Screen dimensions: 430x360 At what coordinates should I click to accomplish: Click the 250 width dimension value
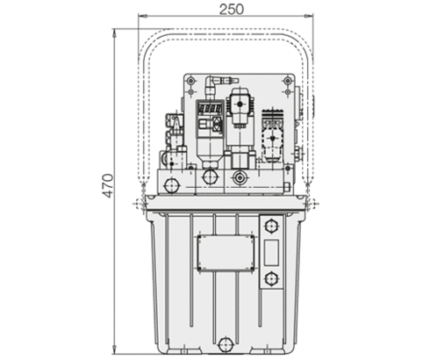point(232,10)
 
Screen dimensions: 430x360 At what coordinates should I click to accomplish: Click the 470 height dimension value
point(108,186)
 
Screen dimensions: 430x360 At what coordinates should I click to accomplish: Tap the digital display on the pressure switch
point(210,110)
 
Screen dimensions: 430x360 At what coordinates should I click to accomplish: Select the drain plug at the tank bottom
point(226,344)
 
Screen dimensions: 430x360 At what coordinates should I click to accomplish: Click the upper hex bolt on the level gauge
point(271,226)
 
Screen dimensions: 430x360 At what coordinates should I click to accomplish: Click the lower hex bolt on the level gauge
point(271,278)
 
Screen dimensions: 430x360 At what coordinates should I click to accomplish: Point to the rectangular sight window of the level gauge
point(271,253)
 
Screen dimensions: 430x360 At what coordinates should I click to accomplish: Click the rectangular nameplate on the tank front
point(226,253)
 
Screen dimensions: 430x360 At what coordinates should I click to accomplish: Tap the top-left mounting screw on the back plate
point(191,80)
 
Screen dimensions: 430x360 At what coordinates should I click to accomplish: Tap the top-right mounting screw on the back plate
point(288,80)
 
